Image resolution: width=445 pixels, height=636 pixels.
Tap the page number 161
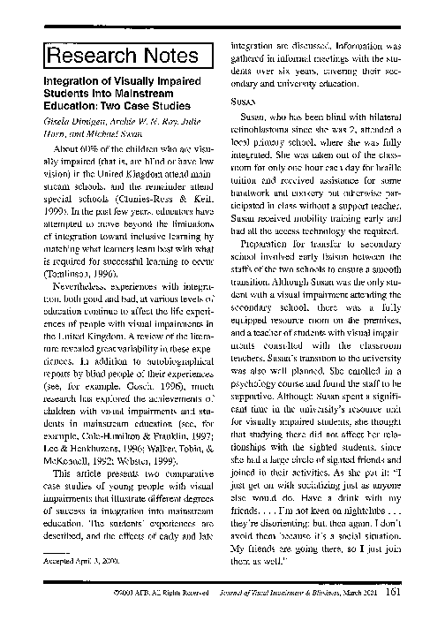coord(396,607)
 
